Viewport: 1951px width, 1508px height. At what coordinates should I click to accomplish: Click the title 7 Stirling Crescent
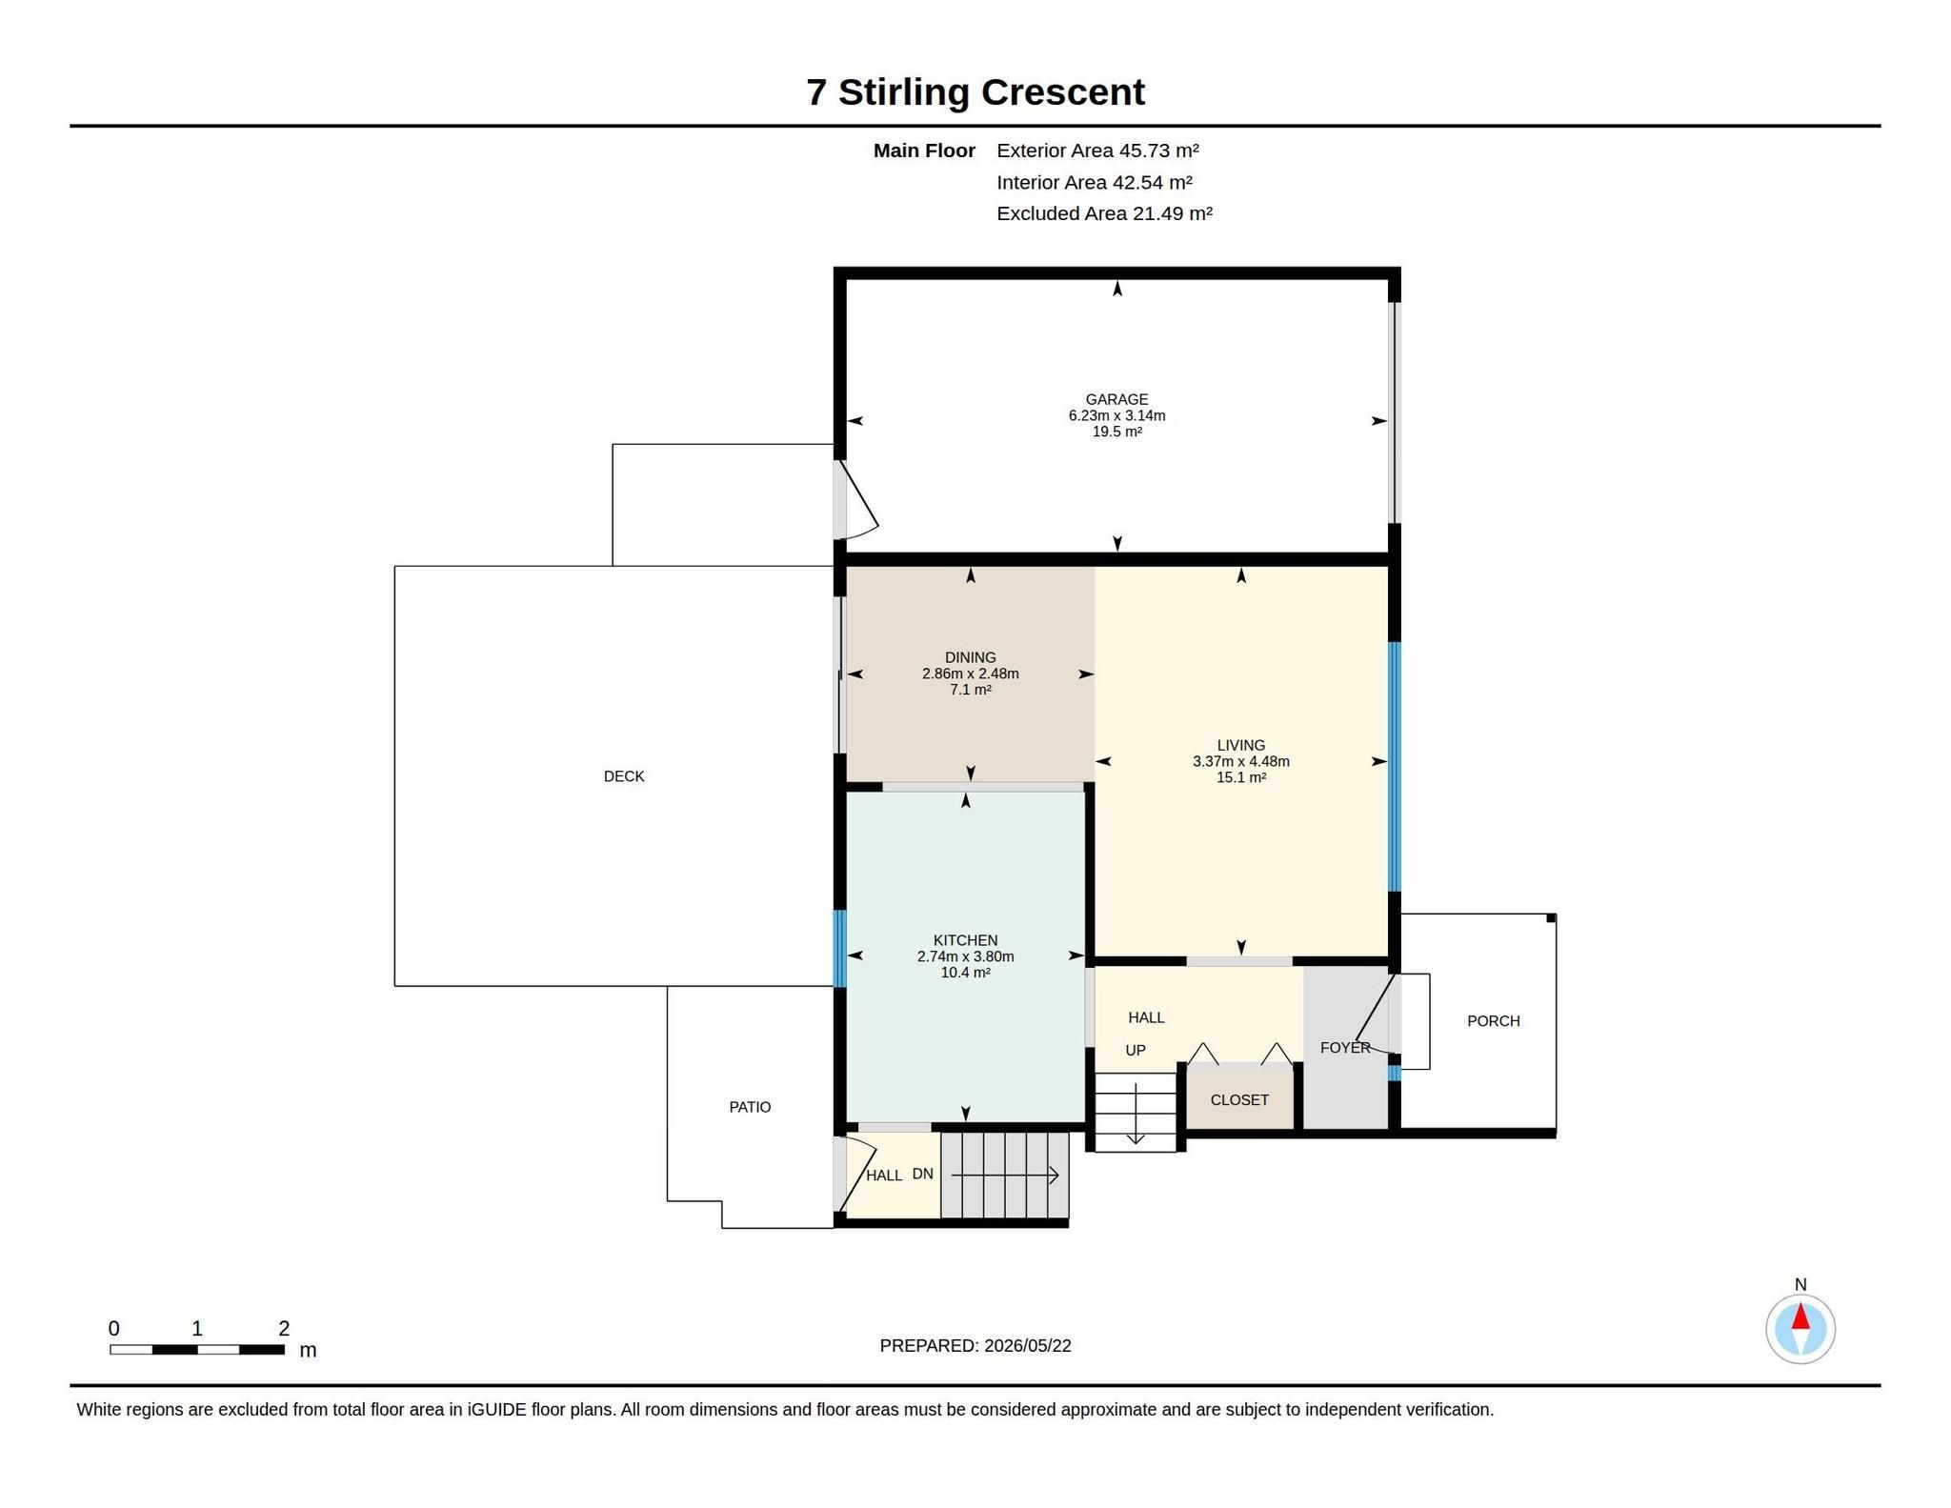pos(975,92)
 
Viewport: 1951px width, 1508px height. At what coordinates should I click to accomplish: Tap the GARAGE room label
pos(1116,399)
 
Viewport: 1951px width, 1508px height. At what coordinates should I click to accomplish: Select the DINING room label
pos(970,657)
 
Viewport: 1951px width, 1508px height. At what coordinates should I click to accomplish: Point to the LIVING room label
pos(1240,745)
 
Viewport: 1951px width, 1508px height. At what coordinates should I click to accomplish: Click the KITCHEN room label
pos(965,940)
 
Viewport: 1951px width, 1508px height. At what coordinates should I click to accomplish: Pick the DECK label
pos(624,776)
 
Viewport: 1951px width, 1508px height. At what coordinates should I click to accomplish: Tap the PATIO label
pos(750,1107)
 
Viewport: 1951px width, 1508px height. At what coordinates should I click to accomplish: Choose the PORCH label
pos(1493,1021)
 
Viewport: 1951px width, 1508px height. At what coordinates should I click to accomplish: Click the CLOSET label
pos(1239,1100)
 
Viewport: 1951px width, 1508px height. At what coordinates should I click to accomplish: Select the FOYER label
pos(1345,1048)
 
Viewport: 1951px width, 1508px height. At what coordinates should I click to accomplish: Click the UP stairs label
pos(1136,1051)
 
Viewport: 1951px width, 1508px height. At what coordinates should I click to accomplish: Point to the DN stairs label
pos(922,1174)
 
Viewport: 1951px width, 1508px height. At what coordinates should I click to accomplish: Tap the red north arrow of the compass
pos(1800,1317)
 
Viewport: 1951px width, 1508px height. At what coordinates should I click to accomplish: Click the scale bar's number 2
pos(284,1328)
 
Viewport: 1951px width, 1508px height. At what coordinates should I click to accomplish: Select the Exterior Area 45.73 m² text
pos(1097,151)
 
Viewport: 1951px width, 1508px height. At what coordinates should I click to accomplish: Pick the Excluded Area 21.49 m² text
pos(1104,213)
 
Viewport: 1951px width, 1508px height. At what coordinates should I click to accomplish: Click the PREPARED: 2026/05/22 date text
pos(975,1346)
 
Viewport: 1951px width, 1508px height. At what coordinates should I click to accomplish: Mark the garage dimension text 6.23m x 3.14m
pos(1116,415)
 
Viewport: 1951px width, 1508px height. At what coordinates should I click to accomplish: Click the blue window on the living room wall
pos(1395,767)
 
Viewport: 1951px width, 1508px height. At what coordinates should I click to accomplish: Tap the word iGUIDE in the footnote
pos(497,1410)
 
